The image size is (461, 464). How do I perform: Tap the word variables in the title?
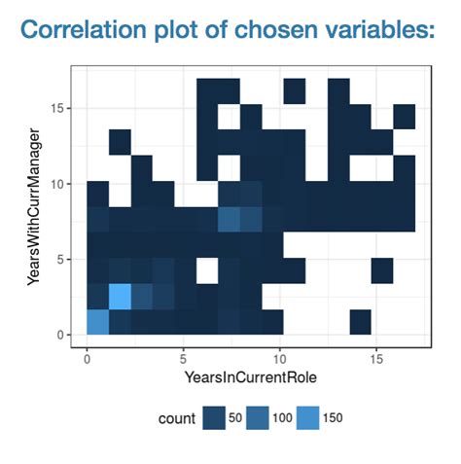pos(369,29)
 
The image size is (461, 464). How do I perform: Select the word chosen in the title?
pos(273,29)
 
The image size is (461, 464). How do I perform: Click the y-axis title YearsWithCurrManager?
pos(36,214)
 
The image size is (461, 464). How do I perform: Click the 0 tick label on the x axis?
pos(87,355)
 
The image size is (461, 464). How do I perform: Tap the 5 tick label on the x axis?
pos(183,355)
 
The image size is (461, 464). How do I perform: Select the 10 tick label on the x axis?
pos(279,355)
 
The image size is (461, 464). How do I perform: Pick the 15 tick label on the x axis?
pos(374,355)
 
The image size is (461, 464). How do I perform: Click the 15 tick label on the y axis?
pos(62,108)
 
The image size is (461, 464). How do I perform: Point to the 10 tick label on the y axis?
pos(62,183)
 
